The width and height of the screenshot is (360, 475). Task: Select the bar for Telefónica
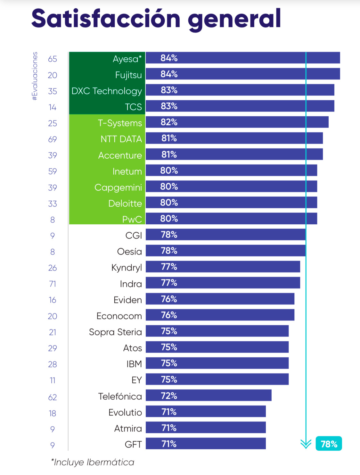[x=209, y=395]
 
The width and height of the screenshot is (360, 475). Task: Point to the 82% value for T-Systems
[x=169, y=122]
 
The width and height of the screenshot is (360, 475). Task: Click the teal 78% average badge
[x=329, y=444]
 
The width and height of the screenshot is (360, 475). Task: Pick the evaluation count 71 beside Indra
[x=53, y=284]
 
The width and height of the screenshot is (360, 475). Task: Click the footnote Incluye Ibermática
[x=93, y=462]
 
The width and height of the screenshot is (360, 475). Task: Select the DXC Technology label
[x=107, y=91]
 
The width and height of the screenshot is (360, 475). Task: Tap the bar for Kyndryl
[x=223, y=267]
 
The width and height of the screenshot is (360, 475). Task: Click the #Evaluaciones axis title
[x=35, y=76]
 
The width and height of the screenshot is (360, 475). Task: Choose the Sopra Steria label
[x=115, y=332]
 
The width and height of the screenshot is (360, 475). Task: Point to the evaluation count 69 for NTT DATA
[x=53, y=139]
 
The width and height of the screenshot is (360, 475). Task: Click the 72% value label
[x=169, y=396]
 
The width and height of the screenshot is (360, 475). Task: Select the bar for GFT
[x=206, y=443]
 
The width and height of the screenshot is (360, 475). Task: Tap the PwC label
[x=132, y=220]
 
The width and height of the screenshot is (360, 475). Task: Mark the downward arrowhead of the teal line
[x=306, y=444]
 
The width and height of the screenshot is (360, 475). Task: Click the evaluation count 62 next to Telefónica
[x=53, y=397]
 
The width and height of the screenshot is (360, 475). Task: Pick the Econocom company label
[x=119, y=316]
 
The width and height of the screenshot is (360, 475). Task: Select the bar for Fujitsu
[x=243, y=74]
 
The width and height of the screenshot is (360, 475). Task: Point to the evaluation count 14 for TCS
[x=53, y=107]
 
